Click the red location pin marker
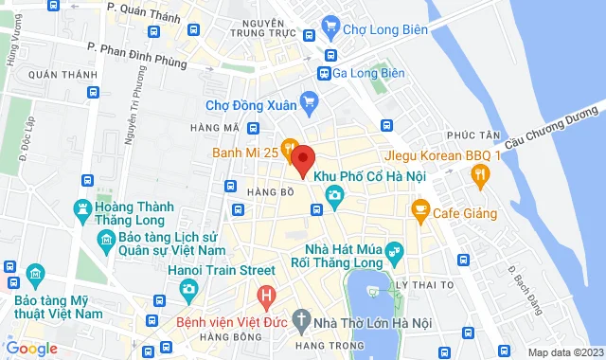coord(301,160)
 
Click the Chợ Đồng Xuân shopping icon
coord(308,99)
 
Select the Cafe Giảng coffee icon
coord(419,213)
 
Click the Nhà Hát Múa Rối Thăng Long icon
coord(394,250)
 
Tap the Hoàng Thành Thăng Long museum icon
coord(83,207)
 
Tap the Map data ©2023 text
coord(564,352)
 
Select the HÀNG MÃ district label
coord(214,128)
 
